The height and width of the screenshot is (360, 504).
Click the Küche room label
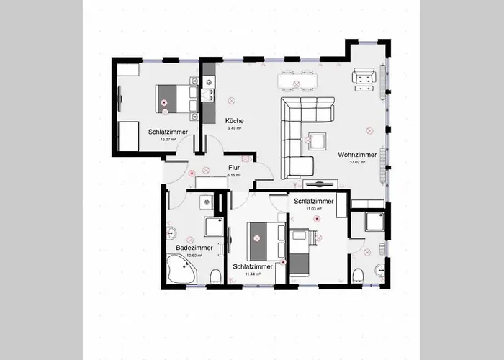pos(234,120)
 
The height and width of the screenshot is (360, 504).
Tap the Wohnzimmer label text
pos(356,154)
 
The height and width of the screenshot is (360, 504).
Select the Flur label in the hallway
pos(233,168)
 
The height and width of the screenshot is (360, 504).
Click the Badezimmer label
pos(194,248)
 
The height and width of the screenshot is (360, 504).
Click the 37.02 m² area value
pos(356,163)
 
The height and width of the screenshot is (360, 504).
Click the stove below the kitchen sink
pos(209,96)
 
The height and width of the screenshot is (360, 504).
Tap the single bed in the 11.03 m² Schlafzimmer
pos(300,252)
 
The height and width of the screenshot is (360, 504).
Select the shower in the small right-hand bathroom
pos(374,222)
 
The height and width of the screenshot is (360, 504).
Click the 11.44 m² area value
pos(253,274)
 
